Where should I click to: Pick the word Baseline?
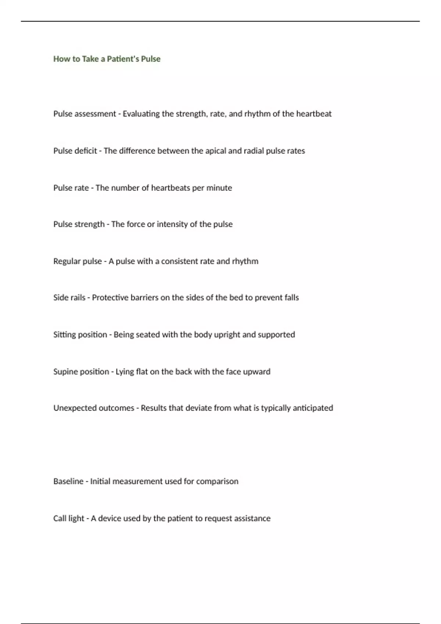[x=68, y=481]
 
